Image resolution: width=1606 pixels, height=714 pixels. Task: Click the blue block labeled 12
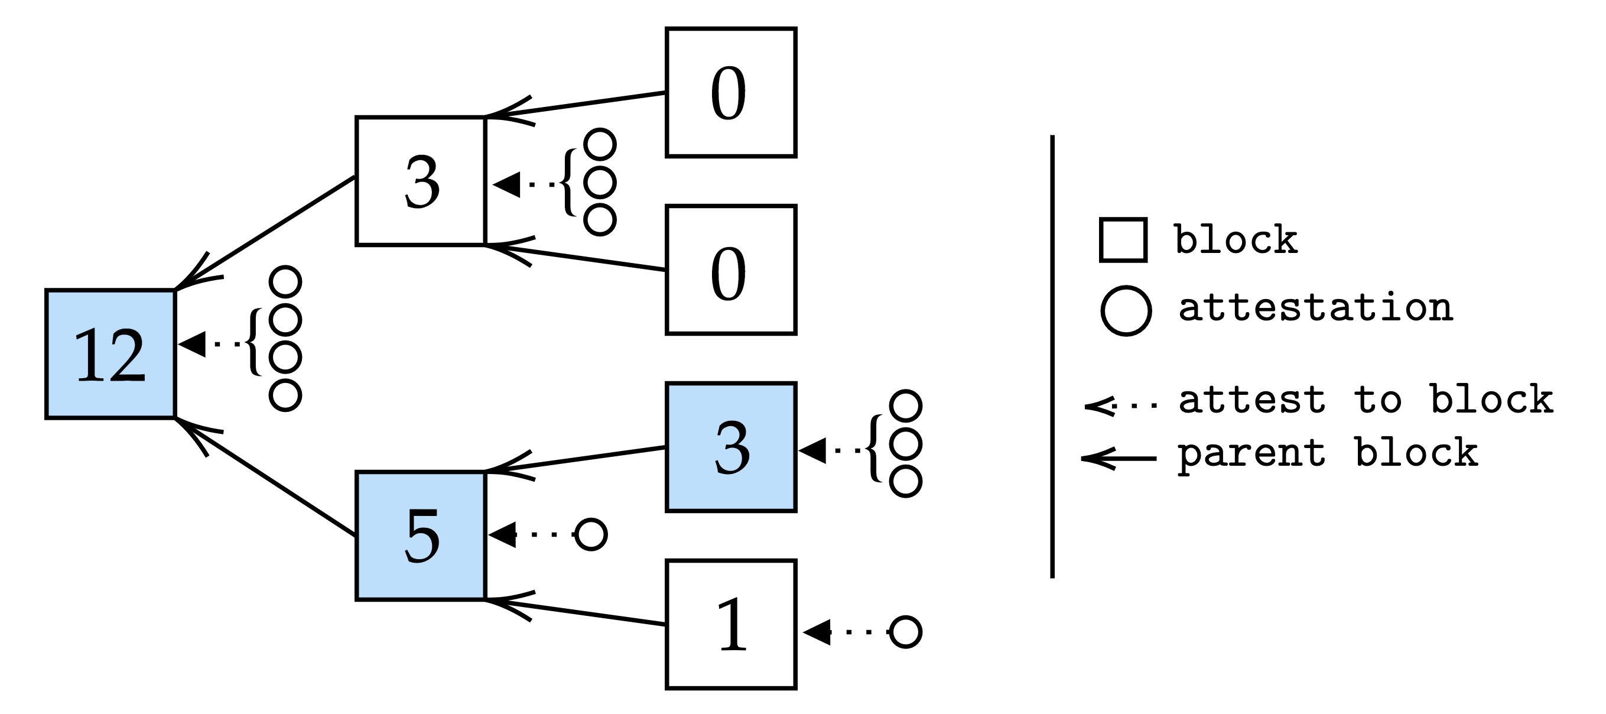tap(110, 353)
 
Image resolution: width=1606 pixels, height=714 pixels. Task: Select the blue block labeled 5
tap(421, 535)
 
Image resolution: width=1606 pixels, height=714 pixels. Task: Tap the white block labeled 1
tap(731, 624)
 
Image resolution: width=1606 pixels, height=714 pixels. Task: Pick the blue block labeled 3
tap(731, 447)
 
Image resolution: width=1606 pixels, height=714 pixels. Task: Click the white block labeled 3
tap(421, 181)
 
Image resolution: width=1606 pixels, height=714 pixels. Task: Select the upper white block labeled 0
tap(731, 92)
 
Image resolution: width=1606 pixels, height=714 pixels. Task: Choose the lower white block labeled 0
tap(731, 270)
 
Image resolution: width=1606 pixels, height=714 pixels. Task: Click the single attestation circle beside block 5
tap(590, 534)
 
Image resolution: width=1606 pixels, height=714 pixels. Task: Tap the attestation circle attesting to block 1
tap(905, 632)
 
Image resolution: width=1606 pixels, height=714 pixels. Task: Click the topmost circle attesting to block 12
tap(285, 281)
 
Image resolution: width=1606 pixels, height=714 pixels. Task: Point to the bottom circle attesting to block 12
tap(285, 395)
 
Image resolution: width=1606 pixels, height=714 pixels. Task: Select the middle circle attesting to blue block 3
tap(905, 444)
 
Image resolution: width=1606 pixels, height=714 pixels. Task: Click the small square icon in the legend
tap(1123, 240)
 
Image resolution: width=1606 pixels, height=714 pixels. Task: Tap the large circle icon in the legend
tap(1126, 310)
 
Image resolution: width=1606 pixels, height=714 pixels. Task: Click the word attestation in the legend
tap(1315, 308)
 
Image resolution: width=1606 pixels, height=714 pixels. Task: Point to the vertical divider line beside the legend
tap(1052, 355)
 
